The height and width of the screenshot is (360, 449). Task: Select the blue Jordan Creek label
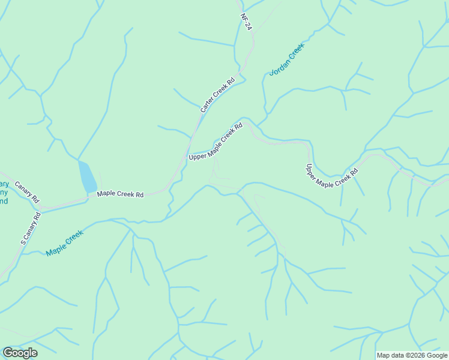coord(288,59)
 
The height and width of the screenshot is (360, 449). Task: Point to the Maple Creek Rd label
coord(121,194)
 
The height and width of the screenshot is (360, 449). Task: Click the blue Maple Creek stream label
coord(64,243)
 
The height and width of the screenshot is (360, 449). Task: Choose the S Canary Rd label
coord(31,229)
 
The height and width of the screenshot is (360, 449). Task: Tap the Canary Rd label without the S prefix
coord(27,191)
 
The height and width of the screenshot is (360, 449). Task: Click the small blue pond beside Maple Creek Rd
coord(87,176)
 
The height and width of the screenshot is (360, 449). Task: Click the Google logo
coord(20,352)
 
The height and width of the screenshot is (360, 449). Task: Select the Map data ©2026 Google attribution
coord(412,355)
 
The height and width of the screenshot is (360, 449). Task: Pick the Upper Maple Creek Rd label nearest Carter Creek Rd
coord(215,142)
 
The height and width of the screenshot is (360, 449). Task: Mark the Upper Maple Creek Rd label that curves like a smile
coord(332,176)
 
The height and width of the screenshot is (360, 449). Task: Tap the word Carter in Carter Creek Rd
coord(206,106)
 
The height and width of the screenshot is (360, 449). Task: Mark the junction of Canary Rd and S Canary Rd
coord(41,207)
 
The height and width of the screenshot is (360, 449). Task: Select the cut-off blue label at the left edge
coord(4,193)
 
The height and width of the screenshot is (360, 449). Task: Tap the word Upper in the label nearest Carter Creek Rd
coord(197,155)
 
